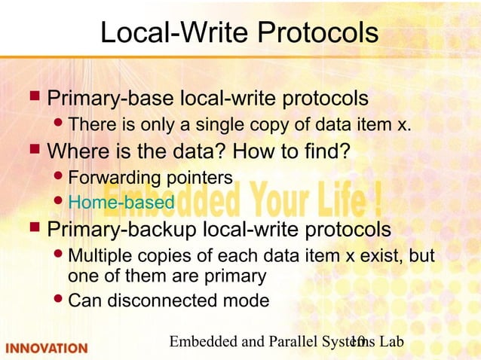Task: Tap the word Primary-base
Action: (x=111, y=99)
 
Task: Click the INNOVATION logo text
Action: (x=47, y=348)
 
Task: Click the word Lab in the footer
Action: (x=391, y=342)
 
